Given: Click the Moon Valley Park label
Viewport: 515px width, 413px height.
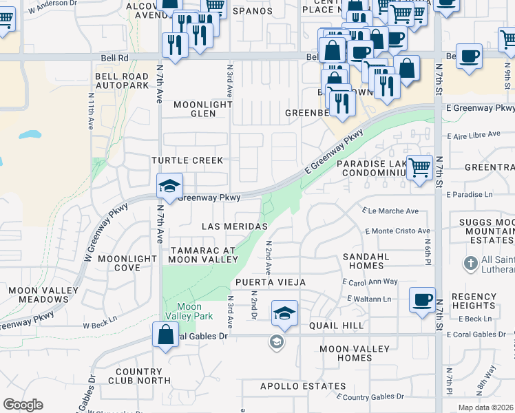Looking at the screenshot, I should click(x=189, y=311).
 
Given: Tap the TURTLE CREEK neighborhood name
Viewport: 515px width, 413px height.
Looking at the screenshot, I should click(x=188, y=160).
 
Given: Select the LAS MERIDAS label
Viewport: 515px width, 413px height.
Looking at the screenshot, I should click(x=234, y=226).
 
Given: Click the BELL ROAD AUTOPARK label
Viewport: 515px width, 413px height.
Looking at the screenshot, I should click(x=122, y=81).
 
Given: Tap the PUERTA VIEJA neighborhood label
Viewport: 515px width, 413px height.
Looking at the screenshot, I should click(x=270, y=283).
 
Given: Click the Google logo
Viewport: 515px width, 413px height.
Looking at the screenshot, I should click(x=23, y=404).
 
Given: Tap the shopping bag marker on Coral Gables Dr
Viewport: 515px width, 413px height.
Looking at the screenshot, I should click(x=166, y=335).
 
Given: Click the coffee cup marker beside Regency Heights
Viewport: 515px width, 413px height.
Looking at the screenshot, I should click(x=422, y=299).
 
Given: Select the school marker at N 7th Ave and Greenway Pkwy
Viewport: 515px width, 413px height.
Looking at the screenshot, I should click(x=169, y=185).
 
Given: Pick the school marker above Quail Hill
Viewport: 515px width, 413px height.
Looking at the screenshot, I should click(x=284, y=313).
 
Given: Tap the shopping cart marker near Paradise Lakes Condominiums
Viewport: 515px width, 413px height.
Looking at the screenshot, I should click(x=419, y=167).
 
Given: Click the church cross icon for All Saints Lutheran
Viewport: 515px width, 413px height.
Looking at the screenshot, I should click(x=471, y=262).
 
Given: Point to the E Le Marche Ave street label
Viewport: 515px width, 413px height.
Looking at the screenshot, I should click(x=390, y=211).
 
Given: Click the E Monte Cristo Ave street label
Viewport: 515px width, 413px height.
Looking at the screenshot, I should click(x=399, y=231).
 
